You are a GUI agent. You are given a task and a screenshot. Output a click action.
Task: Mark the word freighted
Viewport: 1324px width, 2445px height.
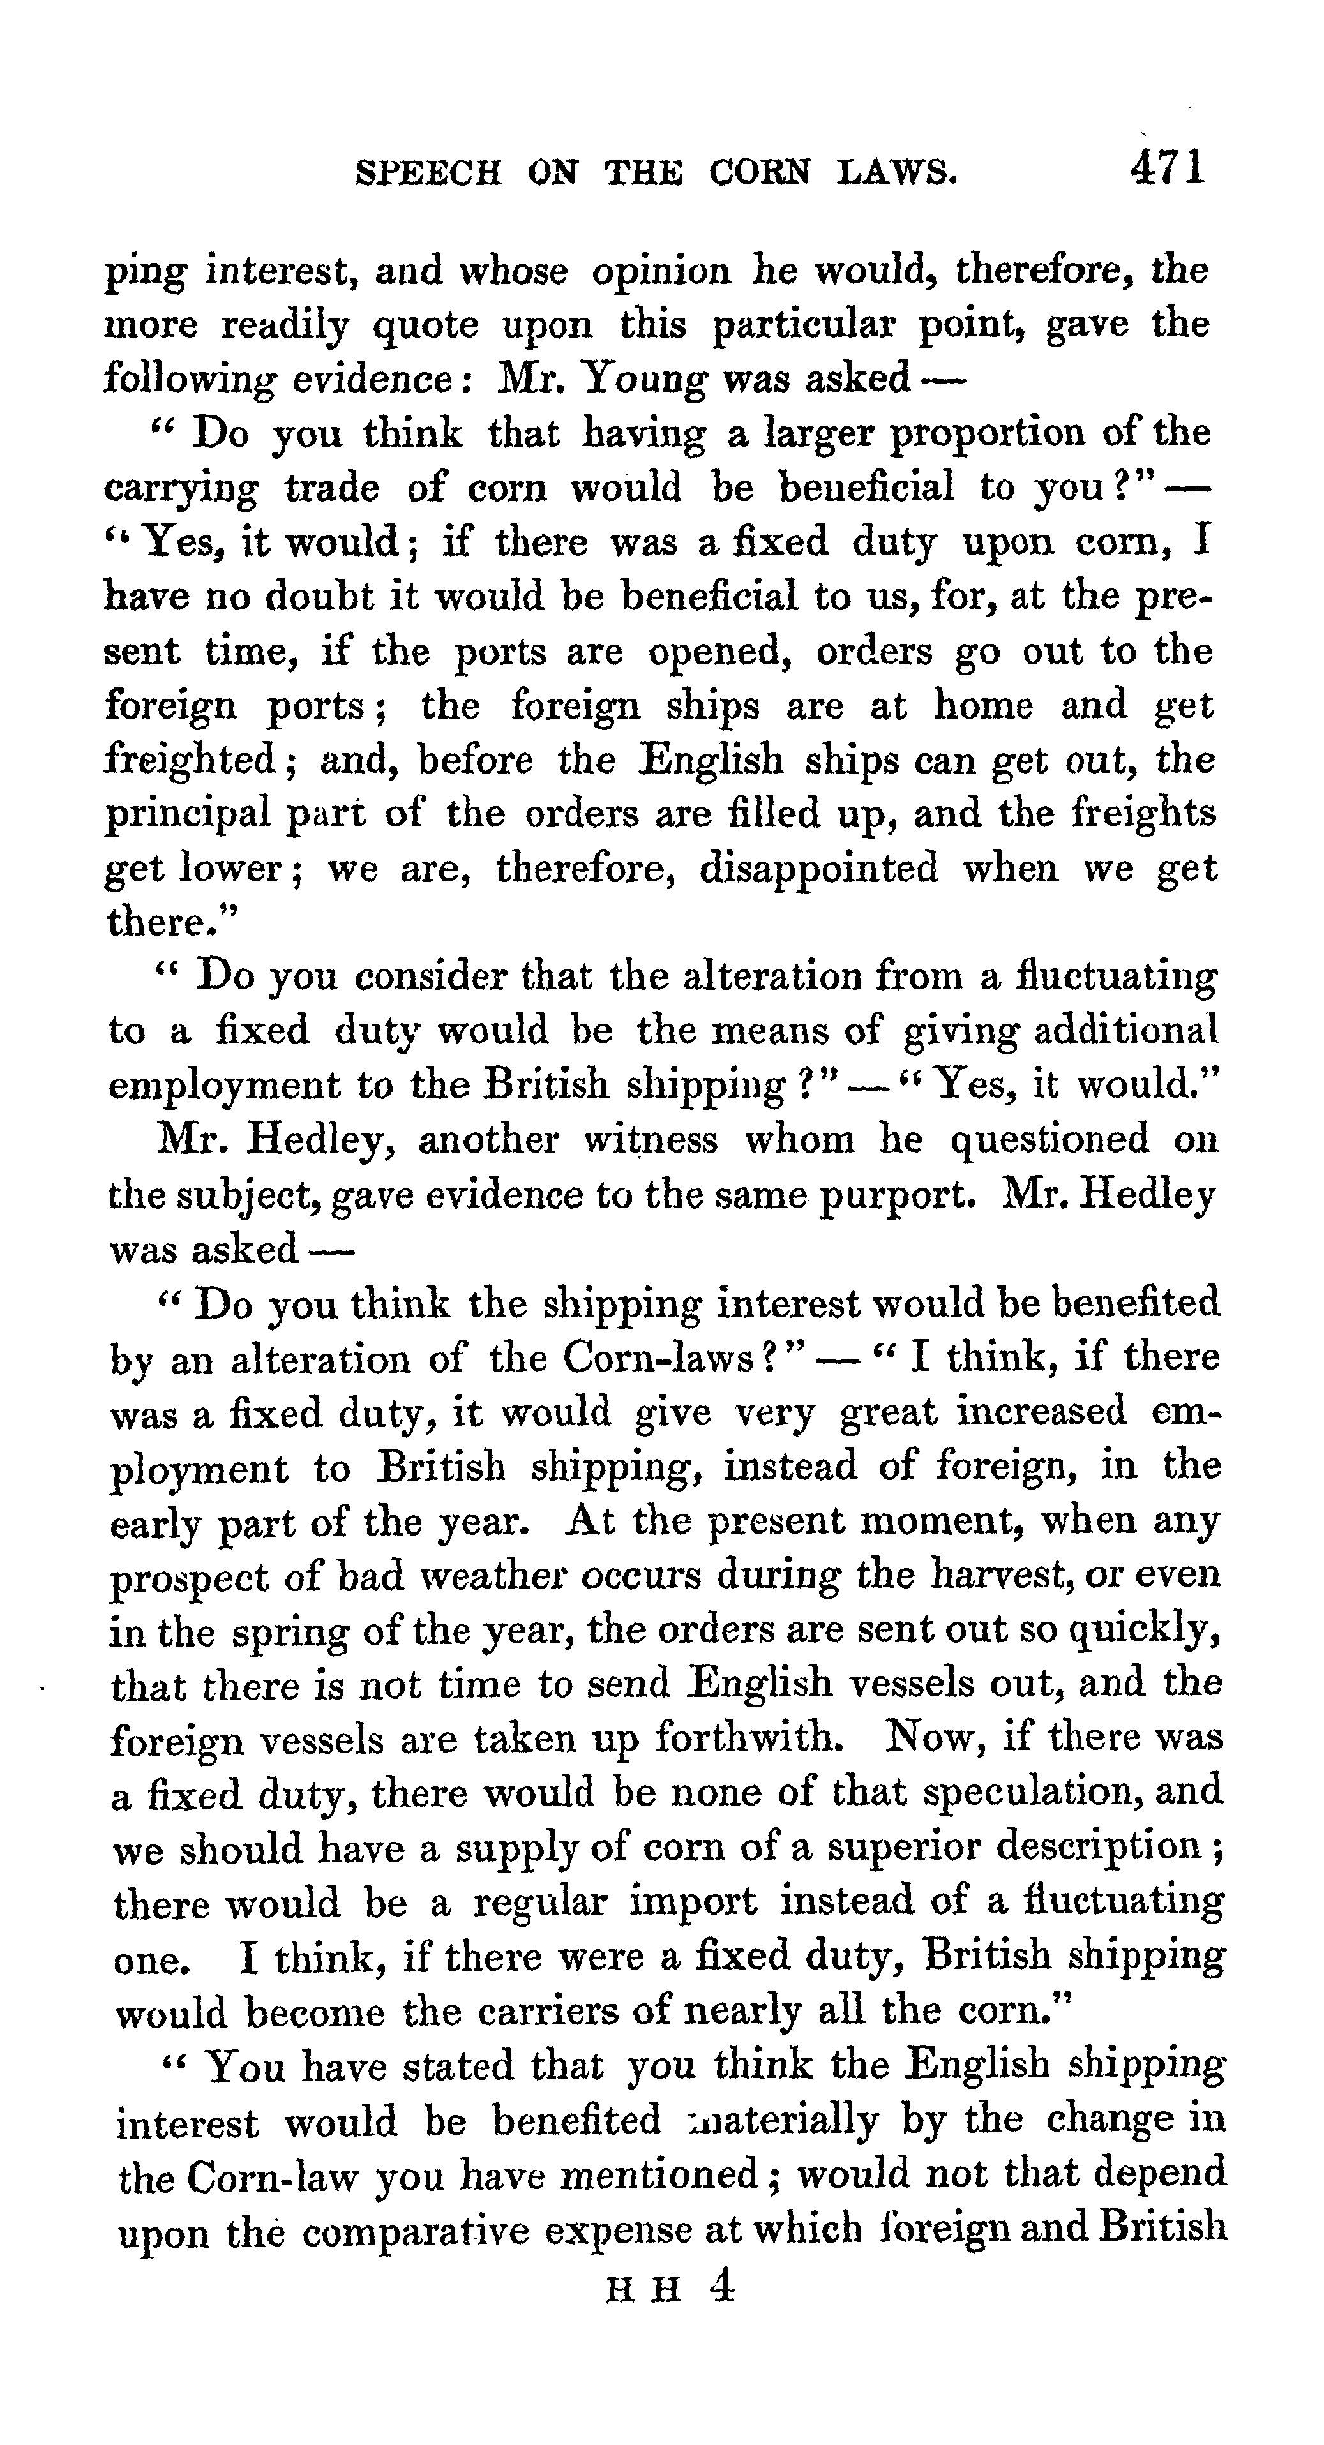190,762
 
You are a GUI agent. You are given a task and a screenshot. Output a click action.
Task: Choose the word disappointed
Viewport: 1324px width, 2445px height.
818,869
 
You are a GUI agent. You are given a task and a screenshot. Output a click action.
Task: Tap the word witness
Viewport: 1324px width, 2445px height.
650,1139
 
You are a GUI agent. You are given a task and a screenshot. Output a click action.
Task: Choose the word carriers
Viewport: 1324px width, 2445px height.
544,2010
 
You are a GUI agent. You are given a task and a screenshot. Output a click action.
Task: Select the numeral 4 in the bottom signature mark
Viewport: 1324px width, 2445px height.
721,2287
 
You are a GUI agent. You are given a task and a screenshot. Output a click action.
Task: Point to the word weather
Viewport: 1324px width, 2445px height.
489,1576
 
